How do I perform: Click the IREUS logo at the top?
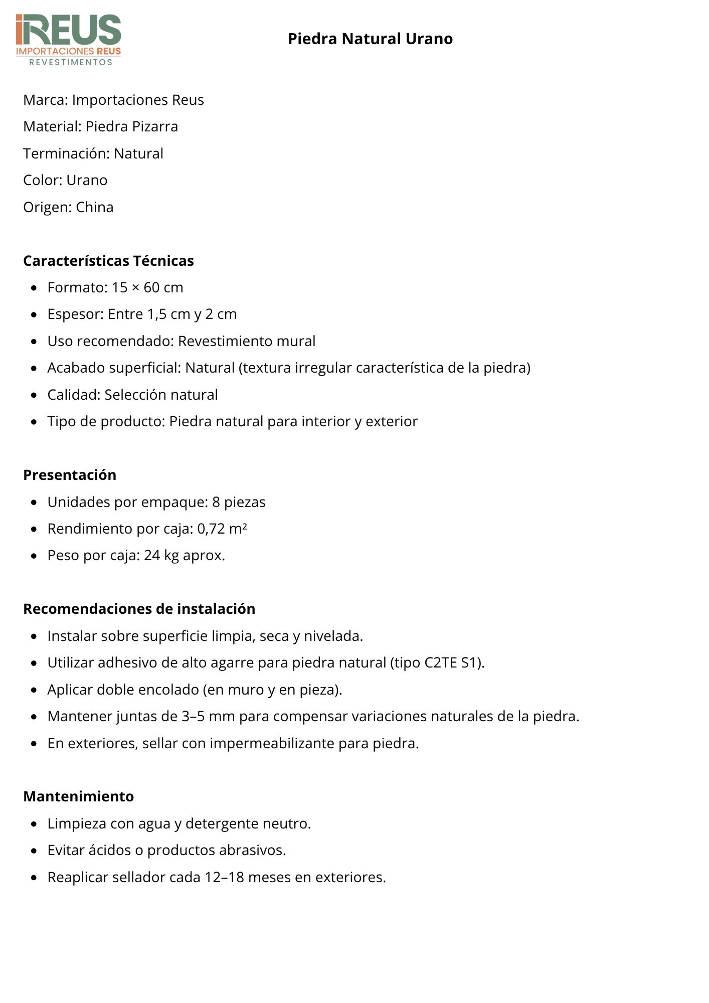tap(68, 40)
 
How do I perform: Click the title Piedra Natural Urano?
tap(370, 39)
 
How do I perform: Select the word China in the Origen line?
tap(95, 207)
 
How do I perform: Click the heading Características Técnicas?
tap(108, 261)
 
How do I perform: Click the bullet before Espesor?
tap(34, 315)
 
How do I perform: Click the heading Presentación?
tap(70, 475)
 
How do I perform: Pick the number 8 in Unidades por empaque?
tap(216, 502)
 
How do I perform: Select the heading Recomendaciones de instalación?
tap(139, 609)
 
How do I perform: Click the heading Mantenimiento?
tap(79, 796)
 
